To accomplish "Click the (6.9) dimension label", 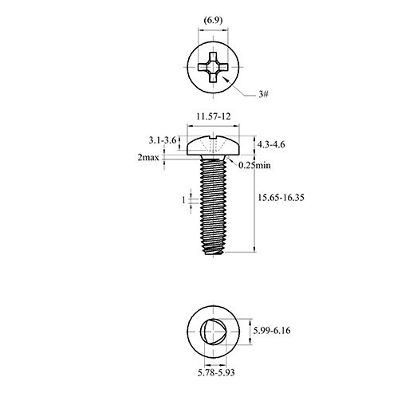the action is click(x=213, y=21).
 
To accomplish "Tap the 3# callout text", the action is click(x=263, y=94).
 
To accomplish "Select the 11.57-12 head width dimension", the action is click(x=214, y=116).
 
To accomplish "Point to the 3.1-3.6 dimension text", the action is click(x=163, y=140).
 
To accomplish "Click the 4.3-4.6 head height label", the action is click(x=271, y=144).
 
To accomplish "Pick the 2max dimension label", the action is click(x=148, y=158).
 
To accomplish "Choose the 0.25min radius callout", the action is click(x=254, y=165).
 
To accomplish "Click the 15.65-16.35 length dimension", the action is click(x=281, y=198).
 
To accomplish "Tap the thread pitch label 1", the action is click(x=183, y=200).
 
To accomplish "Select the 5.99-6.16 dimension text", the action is click(x=272, y=331).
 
